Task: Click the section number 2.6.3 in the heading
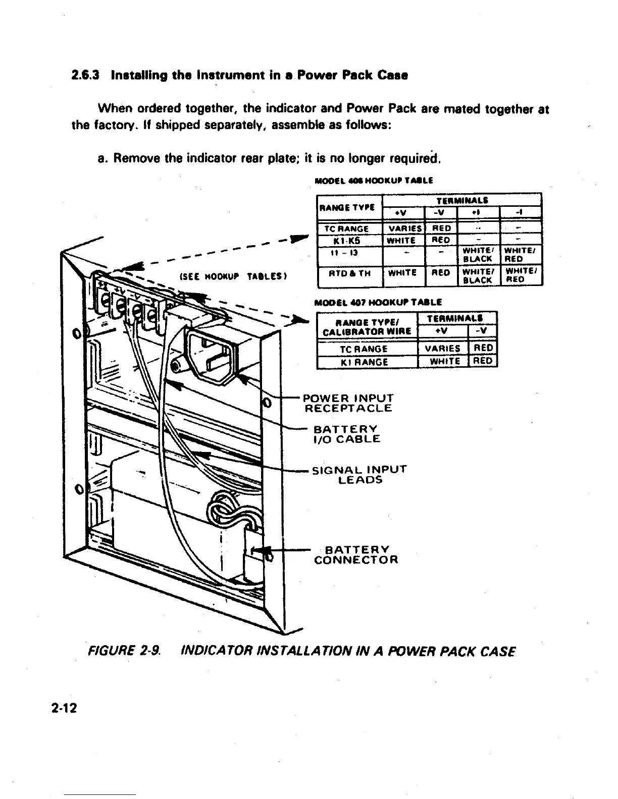click(83, 76)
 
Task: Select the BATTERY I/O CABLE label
click(347, 434)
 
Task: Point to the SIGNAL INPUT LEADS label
click(359, 474)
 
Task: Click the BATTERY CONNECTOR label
click(356, 554)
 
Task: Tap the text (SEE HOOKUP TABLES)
click(233, 277)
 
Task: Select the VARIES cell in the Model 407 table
click(443, 349)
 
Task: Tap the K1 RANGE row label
click(367, 361)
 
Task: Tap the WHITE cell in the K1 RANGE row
click(443, 361)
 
